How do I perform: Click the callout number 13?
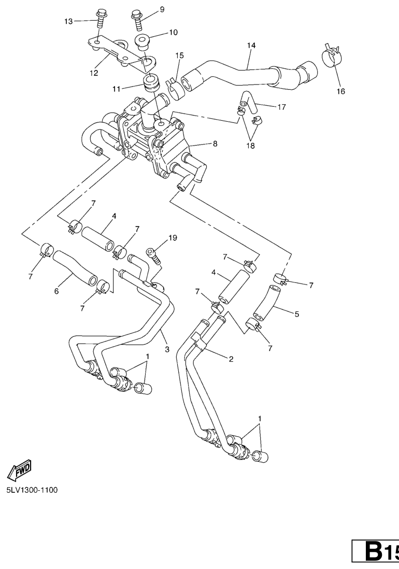[x=68, y=21]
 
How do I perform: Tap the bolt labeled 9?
[x=137, y=21]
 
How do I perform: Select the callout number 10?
[x=173, y=32]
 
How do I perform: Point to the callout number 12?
[x=94, y=73]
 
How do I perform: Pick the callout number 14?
[x=251, y=46]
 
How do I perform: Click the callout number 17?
[x=281, y=107]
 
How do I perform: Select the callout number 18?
[x=250, y=146]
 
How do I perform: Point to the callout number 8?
[x=215, y=144]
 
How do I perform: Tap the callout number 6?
[x=56, y=291]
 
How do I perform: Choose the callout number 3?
[x=167, y=349]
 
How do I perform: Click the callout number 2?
[x=231, y=359]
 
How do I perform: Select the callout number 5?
[x=297, y=314]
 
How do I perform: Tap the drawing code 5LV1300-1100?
[x=32, y=490]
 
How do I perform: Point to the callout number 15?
[x=179, y=55]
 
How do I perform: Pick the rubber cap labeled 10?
[x=142, y=42]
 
